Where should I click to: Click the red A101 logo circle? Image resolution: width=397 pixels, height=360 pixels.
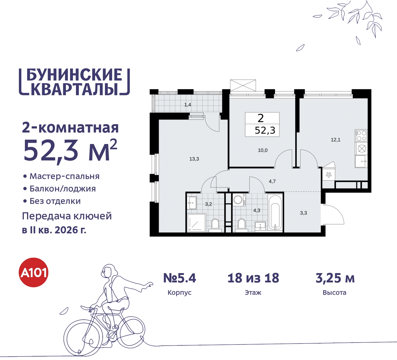pos(33,272)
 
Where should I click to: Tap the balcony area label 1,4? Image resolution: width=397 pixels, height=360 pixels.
pos(188,105)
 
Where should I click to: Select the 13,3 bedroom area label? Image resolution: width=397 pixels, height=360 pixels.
pos(194,159)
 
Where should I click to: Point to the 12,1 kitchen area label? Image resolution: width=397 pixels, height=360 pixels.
pos(336,140)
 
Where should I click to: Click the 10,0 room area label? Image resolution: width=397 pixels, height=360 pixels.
pos(263,150)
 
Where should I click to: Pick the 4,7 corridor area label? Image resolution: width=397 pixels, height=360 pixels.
pos(272,181)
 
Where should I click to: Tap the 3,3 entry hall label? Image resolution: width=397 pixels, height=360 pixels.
pos(303,213)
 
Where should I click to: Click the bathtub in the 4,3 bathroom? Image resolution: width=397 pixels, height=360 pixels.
pos(275,213)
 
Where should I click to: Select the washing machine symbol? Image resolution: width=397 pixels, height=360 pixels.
pos(238,200)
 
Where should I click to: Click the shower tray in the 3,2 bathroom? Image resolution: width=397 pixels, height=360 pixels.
pos(196,223)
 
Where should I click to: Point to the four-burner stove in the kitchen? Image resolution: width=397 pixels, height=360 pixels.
pos(361,136)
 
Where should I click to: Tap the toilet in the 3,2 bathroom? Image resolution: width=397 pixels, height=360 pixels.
pos(215,224)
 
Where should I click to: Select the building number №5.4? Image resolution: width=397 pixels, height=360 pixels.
pos(180,278)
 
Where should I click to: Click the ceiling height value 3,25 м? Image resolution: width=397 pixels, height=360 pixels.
pos(335,278)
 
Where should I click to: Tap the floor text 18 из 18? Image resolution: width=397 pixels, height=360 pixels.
pos(253,278)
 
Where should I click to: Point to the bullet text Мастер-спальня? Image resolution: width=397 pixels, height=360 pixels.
pos(65,176)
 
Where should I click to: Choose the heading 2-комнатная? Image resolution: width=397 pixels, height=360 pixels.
pos(70,128)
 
